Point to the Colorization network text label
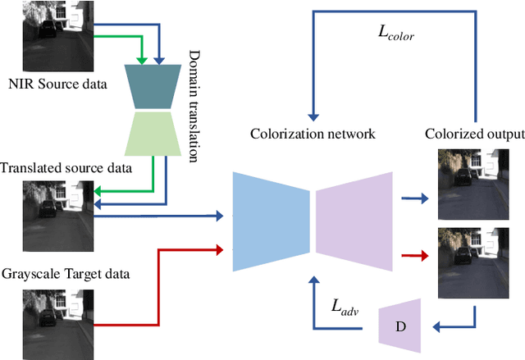[x=312, y=133]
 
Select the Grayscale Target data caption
[x=67, y=271]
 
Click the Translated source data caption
[x=66, y=168]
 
